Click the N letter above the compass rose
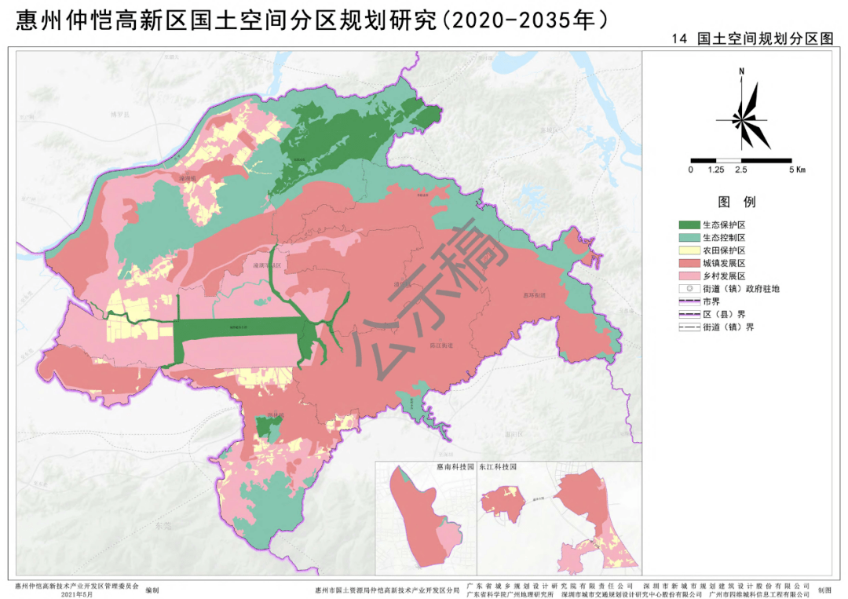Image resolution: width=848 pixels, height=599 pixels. tap(741, 71)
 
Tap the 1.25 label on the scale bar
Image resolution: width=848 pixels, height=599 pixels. tap(715, 170)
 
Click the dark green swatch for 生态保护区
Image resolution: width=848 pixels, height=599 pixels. tap(689, 225)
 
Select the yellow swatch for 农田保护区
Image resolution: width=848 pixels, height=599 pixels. tap(689, 250)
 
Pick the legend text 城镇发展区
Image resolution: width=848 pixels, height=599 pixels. tap(724, 263)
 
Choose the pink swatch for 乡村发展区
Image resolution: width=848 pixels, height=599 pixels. tap(689, 276)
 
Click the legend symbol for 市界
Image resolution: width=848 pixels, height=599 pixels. tap(689, 301)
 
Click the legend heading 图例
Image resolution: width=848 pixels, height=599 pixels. tap(737, 203)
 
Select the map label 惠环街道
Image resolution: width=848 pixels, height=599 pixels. tap(534, 295)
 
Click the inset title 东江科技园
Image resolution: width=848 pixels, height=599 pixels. tap(497, 466)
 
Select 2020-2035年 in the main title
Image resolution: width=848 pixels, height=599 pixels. tap(522, 17)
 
